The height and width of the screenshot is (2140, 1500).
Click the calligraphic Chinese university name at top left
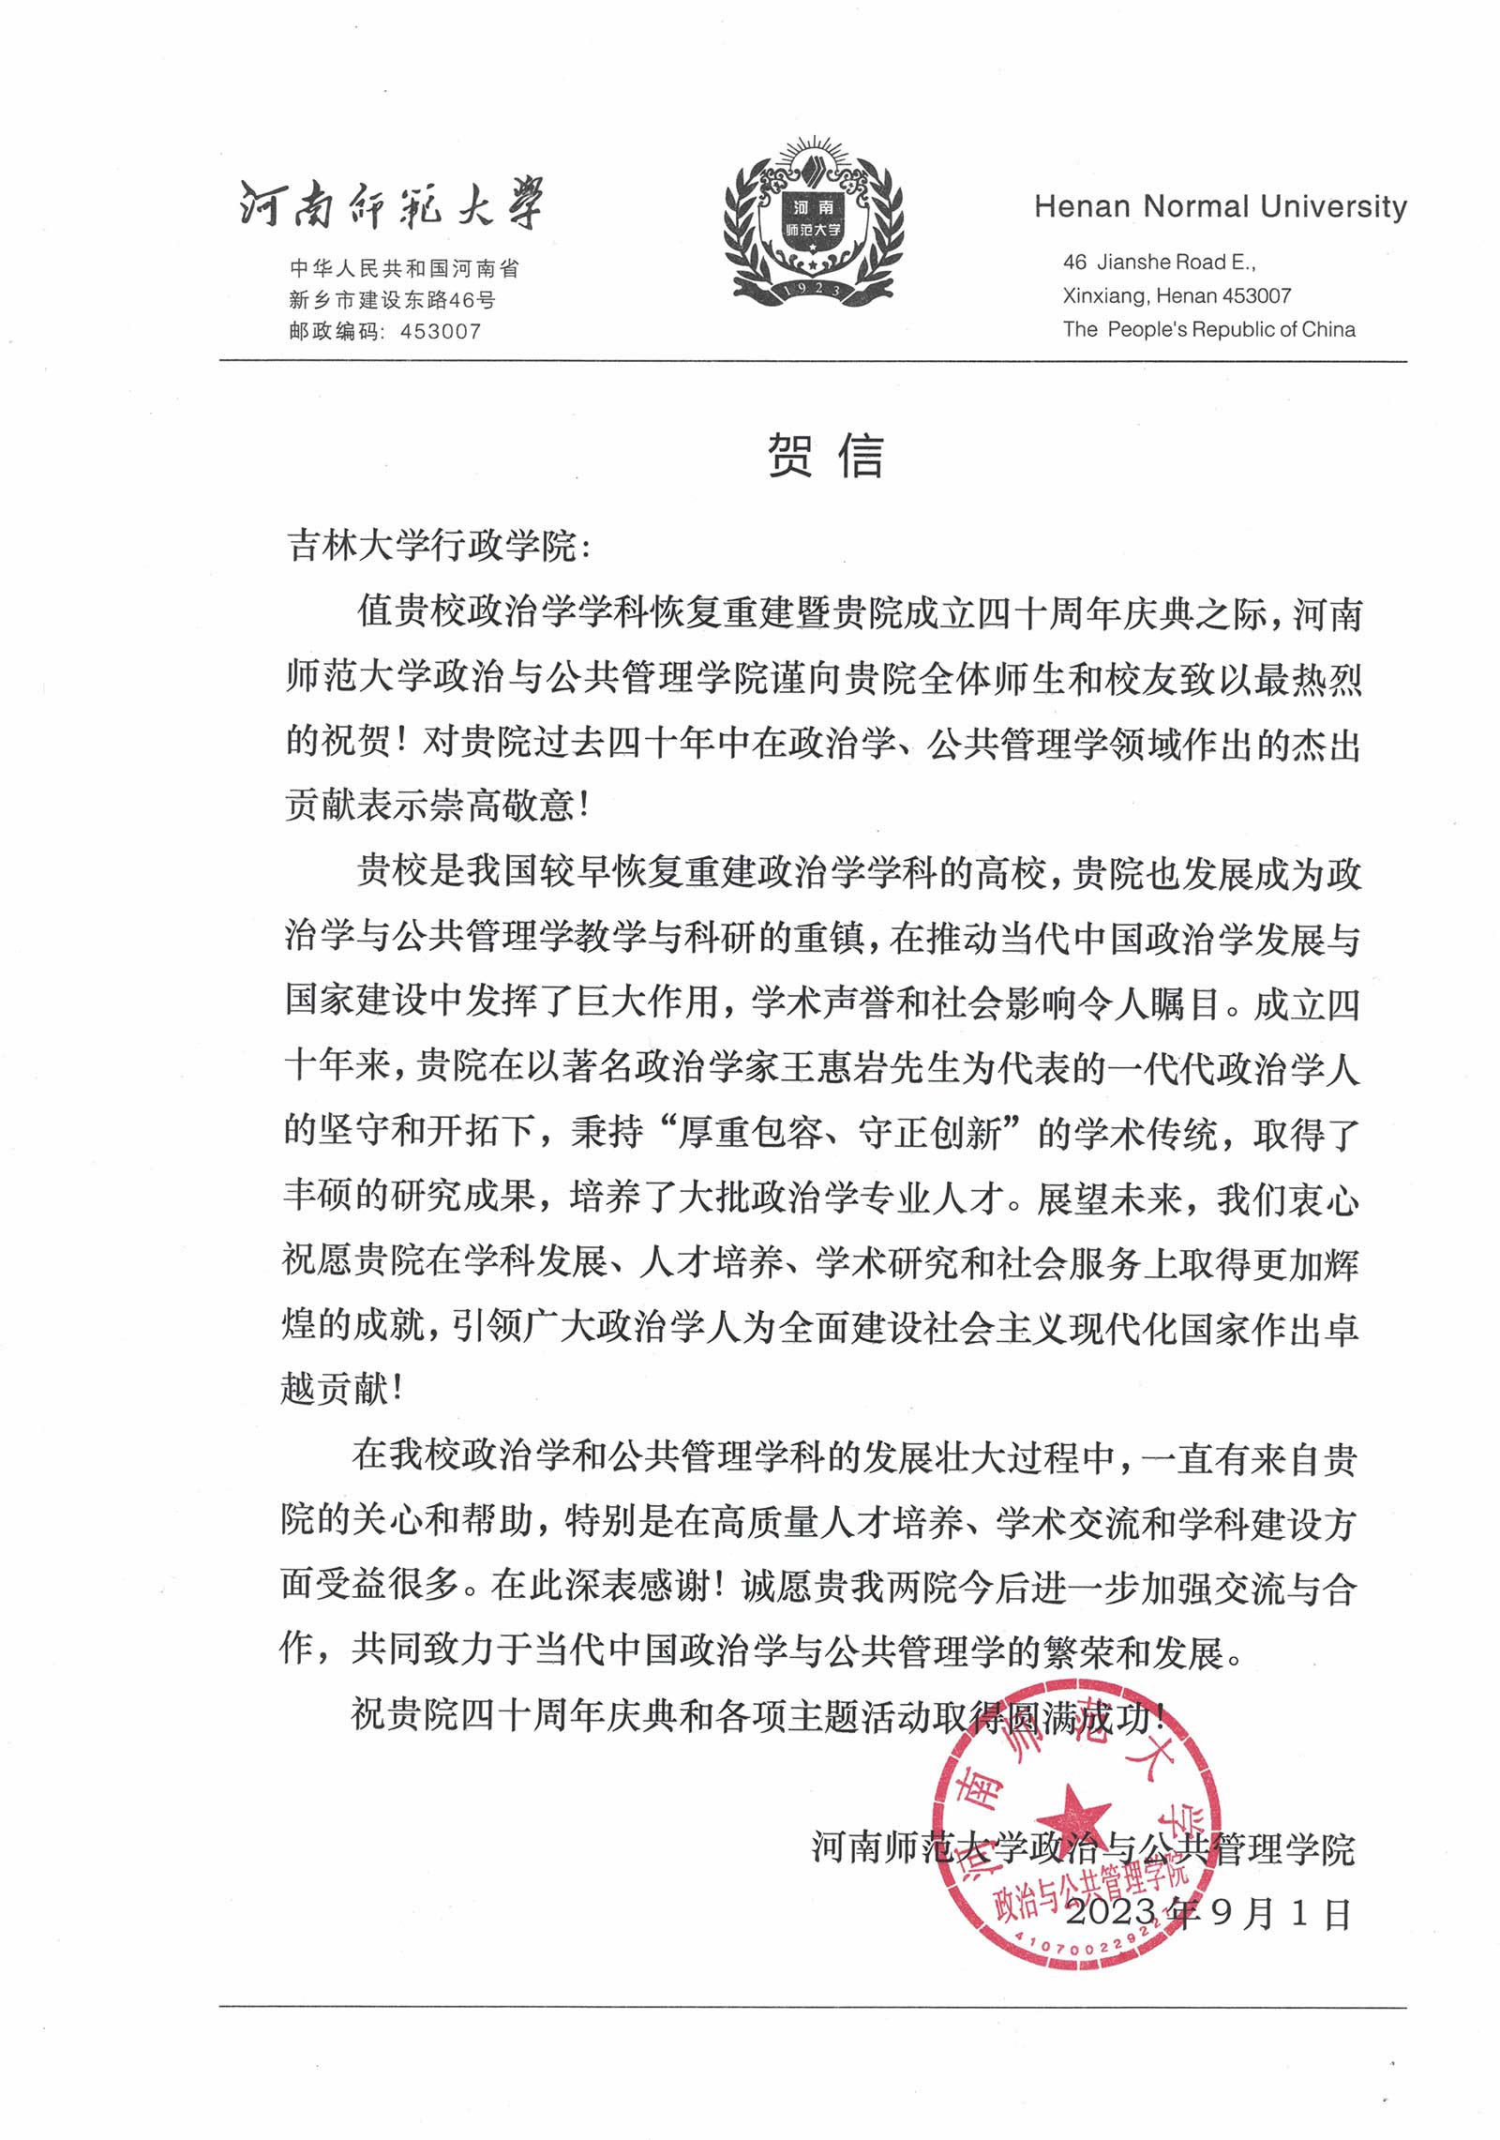[390, 204]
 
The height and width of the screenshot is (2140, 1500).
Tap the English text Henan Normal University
[1220, 207]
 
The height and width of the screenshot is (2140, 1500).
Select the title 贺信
[825, 457]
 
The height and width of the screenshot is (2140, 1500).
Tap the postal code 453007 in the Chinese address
[440, 331]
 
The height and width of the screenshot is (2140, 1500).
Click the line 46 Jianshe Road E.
[1159, 263]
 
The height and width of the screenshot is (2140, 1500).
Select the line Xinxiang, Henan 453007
[1176, 296]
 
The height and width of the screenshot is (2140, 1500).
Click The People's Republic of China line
[1208, 329]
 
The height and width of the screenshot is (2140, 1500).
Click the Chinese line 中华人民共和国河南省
[404, 269]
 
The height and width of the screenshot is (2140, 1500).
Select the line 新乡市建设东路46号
[392, 300]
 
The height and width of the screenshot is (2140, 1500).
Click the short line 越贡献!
[342, 1390]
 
